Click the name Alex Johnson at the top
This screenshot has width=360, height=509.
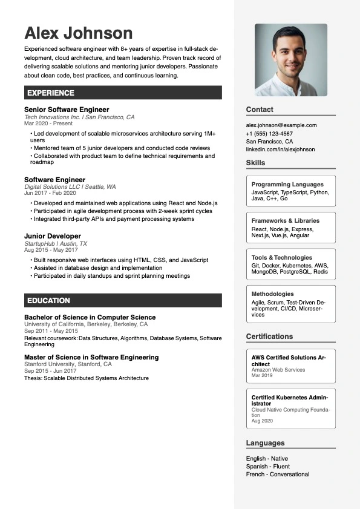click(78, 33)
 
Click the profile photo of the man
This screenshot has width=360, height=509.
click(290, 60)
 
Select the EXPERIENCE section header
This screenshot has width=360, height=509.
click(51, 93)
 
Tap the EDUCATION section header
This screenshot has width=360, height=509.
click(48, 300)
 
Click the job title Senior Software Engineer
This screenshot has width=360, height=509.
click(67, 110)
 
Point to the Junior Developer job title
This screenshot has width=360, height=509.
click(53, 236)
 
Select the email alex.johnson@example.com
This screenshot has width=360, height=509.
click(281, 125)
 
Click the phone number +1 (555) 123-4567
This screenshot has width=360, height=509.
click(269, 133)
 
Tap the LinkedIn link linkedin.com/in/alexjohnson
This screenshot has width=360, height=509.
click(280, 149)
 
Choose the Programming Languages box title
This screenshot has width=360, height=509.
click(287, 184)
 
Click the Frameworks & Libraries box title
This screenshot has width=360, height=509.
click(286, 221)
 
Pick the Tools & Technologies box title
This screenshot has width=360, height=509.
click(282, 257)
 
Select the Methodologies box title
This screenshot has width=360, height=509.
click(273, 294)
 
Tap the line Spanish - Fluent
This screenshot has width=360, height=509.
click(268, 467)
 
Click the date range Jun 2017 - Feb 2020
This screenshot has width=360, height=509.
click(50, 193)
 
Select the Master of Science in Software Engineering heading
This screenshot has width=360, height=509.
click(91, 357)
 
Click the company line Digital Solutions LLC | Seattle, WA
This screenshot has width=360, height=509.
click(70, 187)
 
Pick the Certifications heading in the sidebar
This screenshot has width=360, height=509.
click(269, 337)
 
